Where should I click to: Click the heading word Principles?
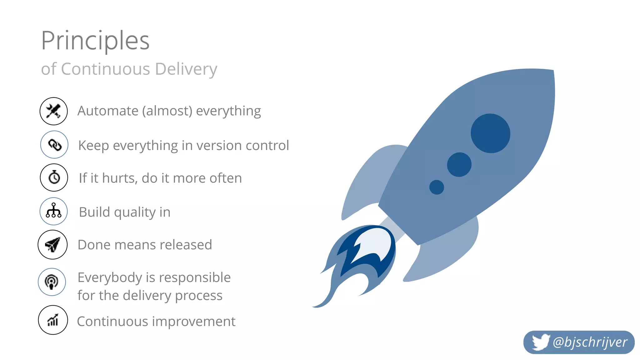point(95,41)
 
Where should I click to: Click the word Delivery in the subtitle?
point(186,69)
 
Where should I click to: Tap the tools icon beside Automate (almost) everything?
point(54,111)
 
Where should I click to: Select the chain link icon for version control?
point(54,145)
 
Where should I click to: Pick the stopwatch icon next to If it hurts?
point(54,177)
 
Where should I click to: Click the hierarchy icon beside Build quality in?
point(54,211)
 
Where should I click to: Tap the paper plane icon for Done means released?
point(52,245)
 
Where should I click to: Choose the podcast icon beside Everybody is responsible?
point(52,282)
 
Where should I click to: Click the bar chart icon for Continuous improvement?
point(53,320)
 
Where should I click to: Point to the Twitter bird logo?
point(541,342)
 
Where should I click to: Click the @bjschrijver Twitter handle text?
point(590,342)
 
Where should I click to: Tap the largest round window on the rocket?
point(490,133)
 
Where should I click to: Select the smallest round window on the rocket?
point(437,187)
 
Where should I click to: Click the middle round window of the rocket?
point(459,165)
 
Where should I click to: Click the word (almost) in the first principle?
point(167,111)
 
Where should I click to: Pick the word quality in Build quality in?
point(135,212)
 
